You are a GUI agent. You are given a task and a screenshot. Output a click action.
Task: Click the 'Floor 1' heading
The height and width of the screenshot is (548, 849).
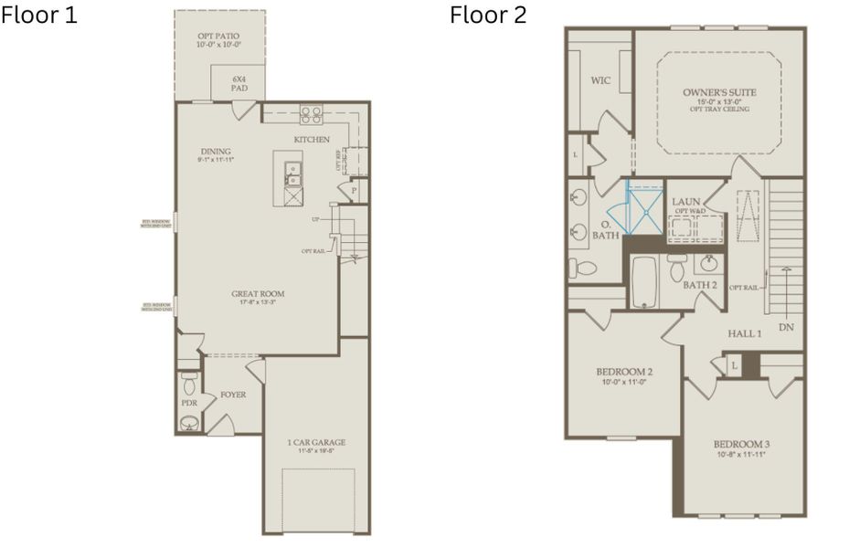(x=39, y=16)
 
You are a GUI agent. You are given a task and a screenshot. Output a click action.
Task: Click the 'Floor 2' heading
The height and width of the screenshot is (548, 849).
(x=487, y=16)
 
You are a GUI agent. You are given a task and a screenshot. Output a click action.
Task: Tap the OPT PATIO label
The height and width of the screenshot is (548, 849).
(x=219, y=37)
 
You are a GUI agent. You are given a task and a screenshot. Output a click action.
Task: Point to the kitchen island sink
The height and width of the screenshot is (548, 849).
(x=292, y=170)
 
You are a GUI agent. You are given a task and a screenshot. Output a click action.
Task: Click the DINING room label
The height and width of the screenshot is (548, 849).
(x=216, y=152)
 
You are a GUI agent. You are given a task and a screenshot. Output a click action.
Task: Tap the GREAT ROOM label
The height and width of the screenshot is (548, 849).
(x=257, y=294)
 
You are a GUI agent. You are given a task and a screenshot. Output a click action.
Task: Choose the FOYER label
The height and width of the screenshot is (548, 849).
(x=233, y=395)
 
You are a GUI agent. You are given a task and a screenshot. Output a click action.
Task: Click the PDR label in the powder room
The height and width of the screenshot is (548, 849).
(x=189, y=403)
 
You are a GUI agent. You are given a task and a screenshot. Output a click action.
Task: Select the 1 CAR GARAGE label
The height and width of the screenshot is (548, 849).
(x=316, y=443)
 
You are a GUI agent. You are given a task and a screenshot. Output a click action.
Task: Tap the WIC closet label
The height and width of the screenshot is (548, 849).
(x=600, y=80)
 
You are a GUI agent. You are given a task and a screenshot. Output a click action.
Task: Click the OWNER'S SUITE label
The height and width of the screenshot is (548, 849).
(x=719, y=92)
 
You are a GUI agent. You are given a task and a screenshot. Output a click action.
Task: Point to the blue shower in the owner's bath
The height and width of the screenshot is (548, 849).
(x=643, y=208)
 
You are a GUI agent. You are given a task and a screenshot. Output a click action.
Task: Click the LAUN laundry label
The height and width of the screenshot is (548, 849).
(x=685, y=201)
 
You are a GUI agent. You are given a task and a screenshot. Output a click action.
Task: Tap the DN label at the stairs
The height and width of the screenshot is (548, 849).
(x=785, y=326)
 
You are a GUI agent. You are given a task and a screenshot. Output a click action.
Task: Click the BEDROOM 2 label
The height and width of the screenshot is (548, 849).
(x=623, y=372)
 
